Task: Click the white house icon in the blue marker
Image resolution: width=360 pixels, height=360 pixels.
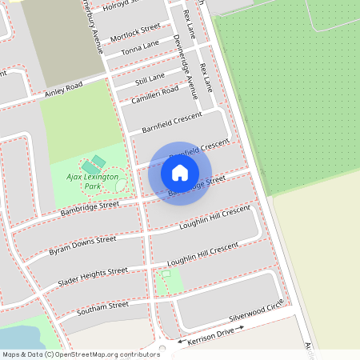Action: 180,172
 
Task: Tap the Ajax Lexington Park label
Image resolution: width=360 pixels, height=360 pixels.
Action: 92,180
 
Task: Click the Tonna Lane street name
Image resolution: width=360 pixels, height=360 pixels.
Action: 140,49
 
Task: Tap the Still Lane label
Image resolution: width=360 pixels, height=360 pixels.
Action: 150,78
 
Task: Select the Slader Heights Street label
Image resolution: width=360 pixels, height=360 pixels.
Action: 92,278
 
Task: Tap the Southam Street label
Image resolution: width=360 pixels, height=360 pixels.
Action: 102,308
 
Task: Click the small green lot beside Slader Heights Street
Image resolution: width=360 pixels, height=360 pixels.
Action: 170,282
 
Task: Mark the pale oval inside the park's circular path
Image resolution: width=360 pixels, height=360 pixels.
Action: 121,185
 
